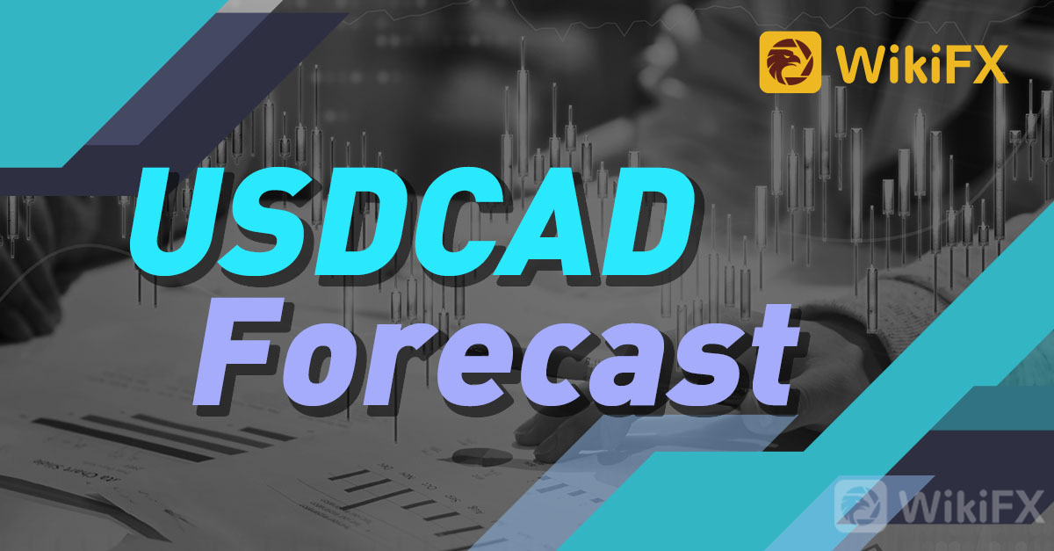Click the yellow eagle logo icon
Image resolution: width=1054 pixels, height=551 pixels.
click(790, 62)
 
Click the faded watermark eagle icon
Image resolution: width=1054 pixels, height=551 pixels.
click(860, 504)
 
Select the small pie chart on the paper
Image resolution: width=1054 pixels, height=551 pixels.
click(482, 456)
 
